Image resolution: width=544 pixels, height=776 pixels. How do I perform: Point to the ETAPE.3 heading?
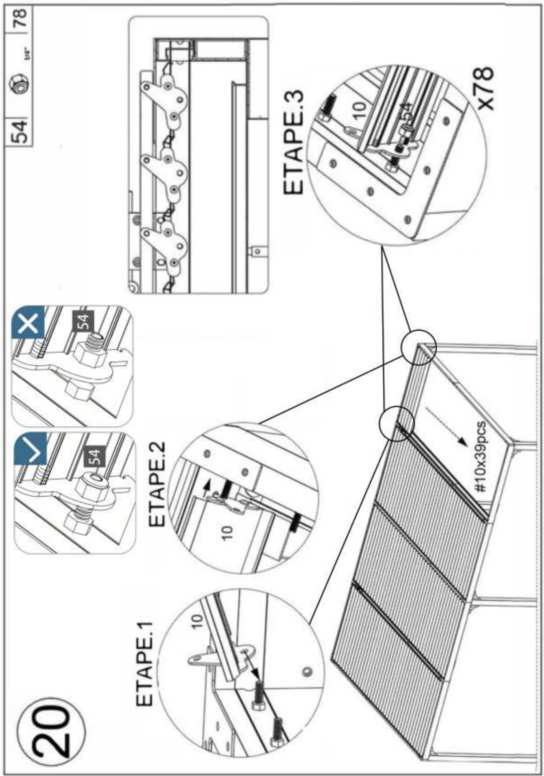tap(294, 142)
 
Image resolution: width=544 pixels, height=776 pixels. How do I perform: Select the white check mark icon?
tap(32, 450)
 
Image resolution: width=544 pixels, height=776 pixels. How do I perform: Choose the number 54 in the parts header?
tap(19, 131)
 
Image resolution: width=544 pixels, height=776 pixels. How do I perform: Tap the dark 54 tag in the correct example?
tap(95, 456)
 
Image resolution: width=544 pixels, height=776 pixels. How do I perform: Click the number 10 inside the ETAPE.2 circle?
tap(226, 533)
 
